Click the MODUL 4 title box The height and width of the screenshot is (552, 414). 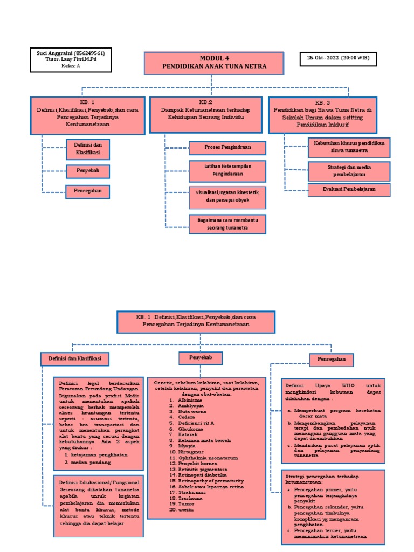tap(214, 63)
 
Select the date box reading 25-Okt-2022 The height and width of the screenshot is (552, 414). tap(338, 59)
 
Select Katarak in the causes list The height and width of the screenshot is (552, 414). tap(188, 434)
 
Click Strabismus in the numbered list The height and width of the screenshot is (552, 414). tap(192, 492)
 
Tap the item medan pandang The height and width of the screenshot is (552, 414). tap(89, 462)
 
